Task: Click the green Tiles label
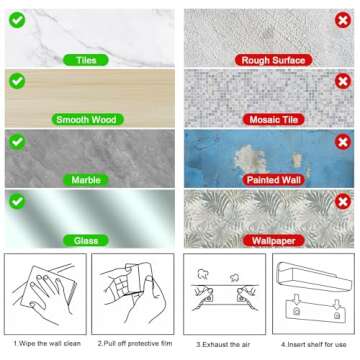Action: tap(85, 60)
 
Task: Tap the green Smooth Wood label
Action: tap(85, 120)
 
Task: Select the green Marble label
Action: tap(85, 180)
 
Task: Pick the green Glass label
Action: tap(85, 240)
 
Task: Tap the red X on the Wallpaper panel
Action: tap(342, 201)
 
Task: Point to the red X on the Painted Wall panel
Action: tap(342, 141)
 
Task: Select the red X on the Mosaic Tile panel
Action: tap(342, 81)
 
